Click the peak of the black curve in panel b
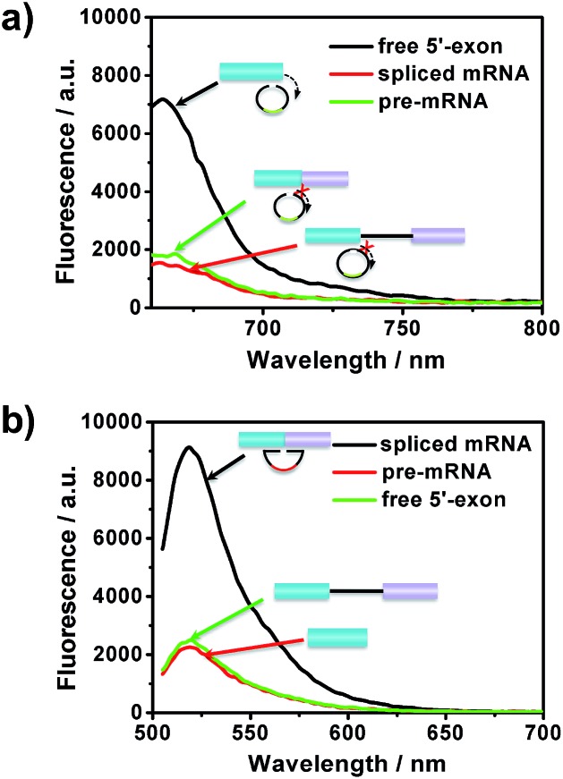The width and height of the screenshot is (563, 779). tap(189, 447)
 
